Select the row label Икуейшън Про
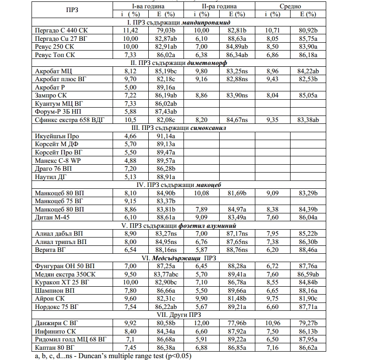coord(57,136)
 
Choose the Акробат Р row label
coord(53,87)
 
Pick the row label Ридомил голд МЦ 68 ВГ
coord(71,339)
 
